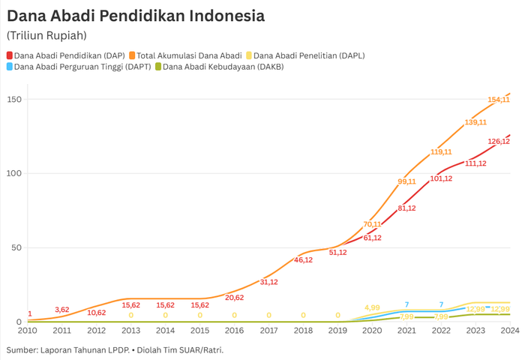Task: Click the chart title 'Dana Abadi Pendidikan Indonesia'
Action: point(135,15)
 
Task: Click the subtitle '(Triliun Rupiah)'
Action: point(46,35)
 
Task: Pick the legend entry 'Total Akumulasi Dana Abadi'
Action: point(188,55)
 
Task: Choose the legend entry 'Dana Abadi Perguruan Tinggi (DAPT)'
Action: point(82,67)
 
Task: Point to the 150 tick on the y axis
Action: point(14,100)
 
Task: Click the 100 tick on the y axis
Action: point(14,174)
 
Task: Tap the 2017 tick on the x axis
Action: point(268,330)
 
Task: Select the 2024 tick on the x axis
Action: point(510,330)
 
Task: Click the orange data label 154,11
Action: point(499,100)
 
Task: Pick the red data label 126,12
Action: point(499,141)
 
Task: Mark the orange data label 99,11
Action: point(406,181)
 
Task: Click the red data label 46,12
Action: point(304,260)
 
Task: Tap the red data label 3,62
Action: point(62,310)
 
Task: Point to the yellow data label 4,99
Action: point(372,307)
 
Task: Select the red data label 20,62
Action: point(235,298)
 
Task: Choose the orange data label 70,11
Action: point(372,224)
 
